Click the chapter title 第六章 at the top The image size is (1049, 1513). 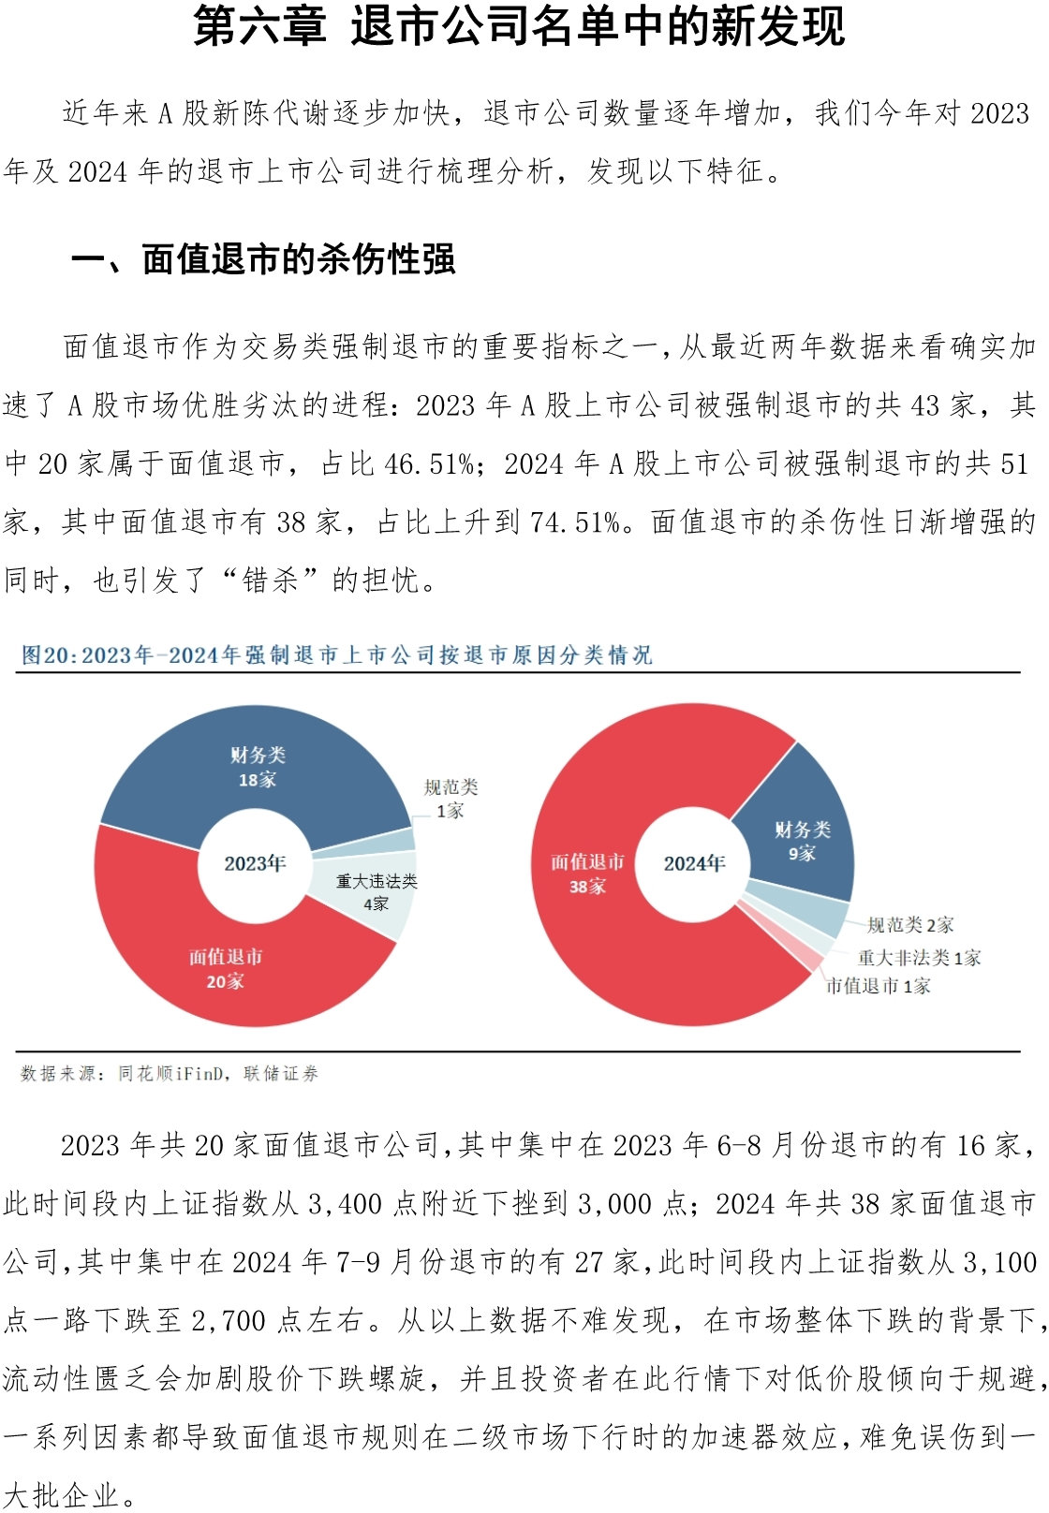pos(259,26)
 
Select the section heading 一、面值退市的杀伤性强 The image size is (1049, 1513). pos(263,259)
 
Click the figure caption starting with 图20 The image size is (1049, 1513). pos(336,654)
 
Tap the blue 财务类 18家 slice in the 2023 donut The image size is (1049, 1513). pos(258,767)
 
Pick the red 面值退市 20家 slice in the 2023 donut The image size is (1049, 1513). pos(226,968)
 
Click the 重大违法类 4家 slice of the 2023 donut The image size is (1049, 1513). pos(377,892)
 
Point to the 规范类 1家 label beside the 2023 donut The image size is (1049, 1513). pos(451,799)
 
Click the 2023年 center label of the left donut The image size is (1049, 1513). pos(255,862)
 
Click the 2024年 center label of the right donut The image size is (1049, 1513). pos(694,863)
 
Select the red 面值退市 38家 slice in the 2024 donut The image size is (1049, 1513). pos(587,874)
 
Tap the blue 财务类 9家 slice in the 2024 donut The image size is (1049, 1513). pos(802,841)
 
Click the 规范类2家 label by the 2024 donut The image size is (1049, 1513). pos(910,925)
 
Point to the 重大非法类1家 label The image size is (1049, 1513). pos(919,957)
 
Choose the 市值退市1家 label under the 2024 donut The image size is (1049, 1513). pos(878,985)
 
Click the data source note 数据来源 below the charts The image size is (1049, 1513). pos(170,1073)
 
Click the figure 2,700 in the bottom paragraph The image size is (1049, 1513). pos(230,1320)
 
